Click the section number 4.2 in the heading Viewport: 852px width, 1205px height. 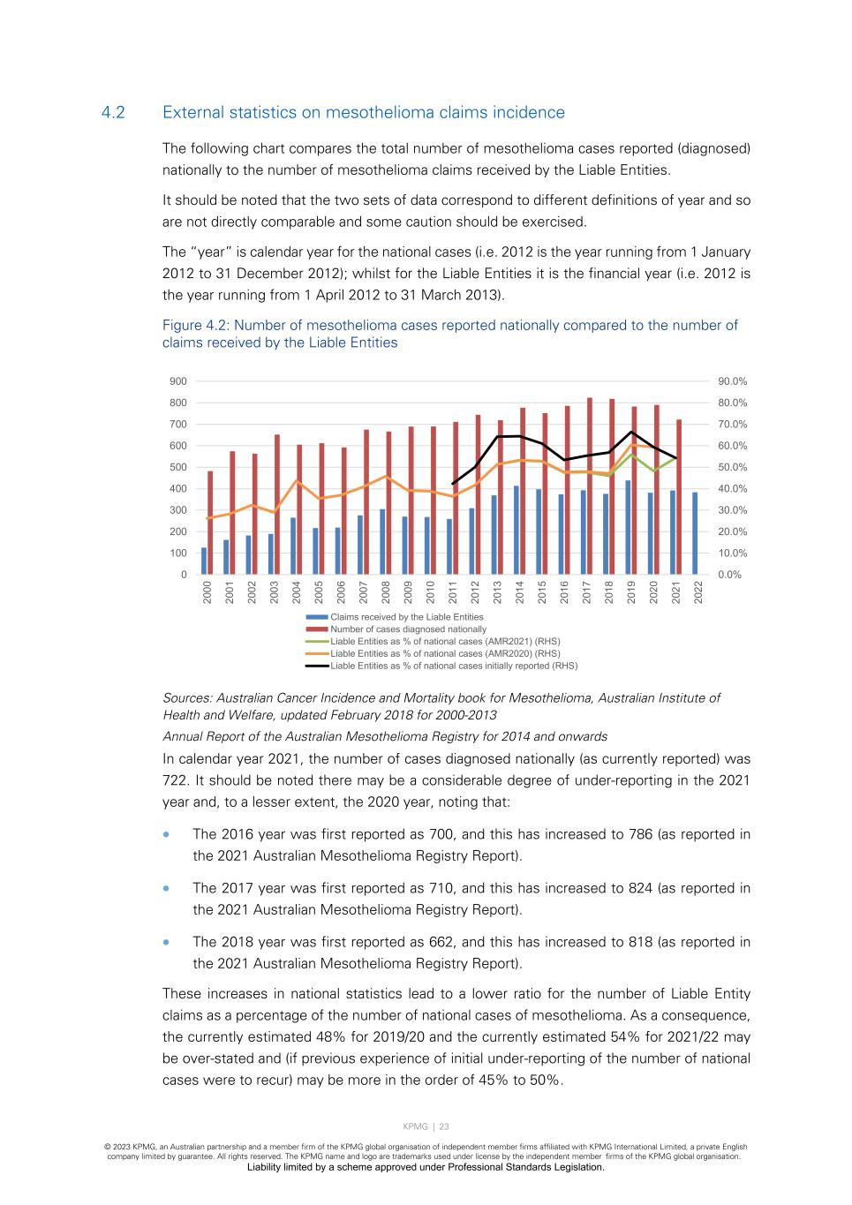pyautogui.click(x=113, y=112)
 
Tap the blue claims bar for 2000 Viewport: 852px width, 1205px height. pyautogui.click(x=204, y=561)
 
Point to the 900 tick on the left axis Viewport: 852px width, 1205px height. pyautogui.click(x=178, y=381)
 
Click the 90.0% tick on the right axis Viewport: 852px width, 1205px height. pyautogui.click(x=732, y=381)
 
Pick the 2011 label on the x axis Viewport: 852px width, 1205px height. pyautogui.click(x=453, y=591)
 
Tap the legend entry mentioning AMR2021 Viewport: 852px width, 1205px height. pyautogui.click(x=445, y=641)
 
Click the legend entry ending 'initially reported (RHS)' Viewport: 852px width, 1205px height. pyautogui.click(x=454, y=666)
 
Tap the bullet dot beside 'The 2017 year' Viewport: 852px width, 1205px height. pyautogui.click(x=165, y=888)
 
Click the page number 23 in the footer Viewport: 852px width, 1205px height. pyautogui.click(x=444, y=1126)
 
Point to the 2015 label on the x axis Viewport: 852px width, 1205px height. pyautogui.click(x=542, y=591)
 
